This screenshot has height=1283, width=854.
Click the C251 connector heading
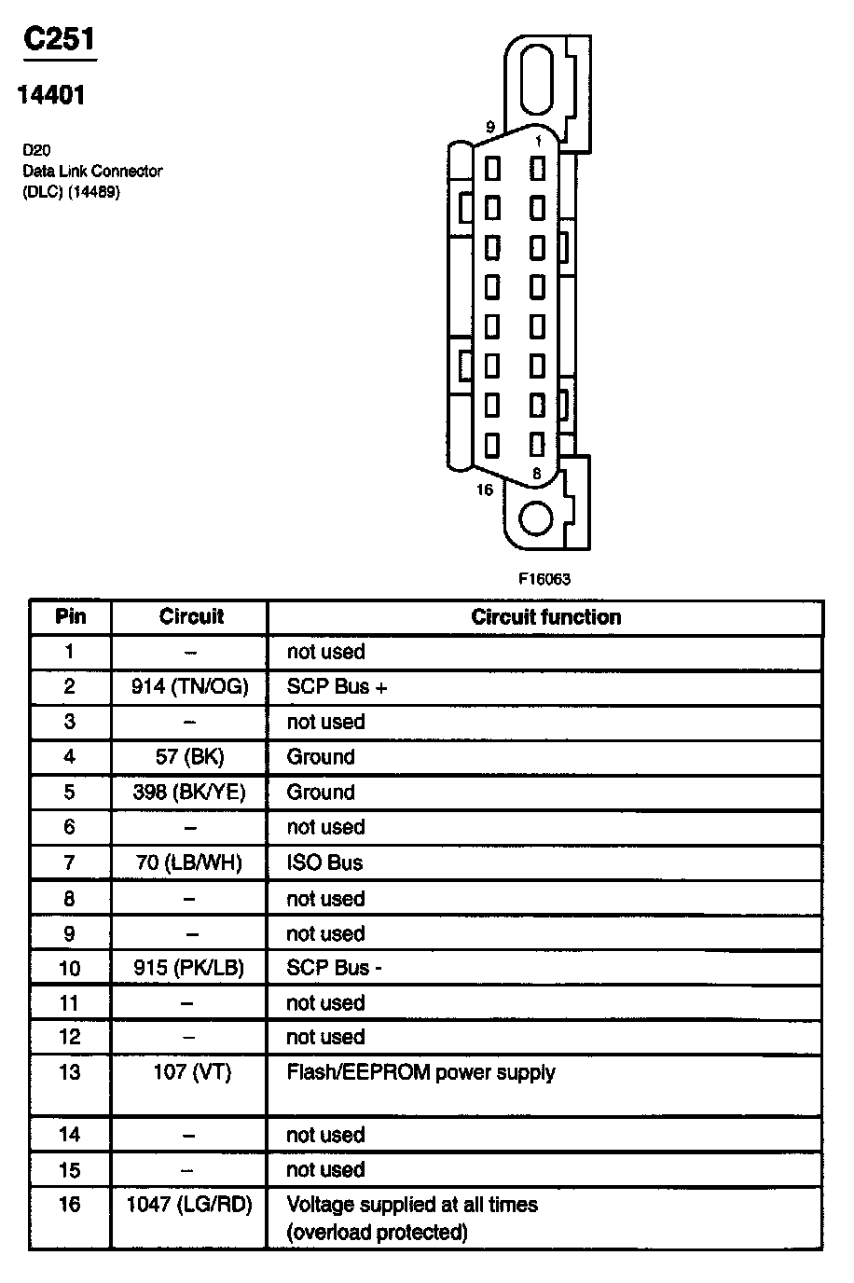tap(59, 40)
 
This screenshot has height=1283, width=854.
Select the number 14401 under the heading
tap(51, 95)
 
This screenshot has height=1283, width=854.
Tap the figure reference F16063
tap(544, 578)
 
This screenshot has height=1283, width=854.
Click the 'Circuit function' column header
tap(545, 617)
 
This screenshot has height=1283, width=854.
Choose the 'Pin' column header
tap(71, 617)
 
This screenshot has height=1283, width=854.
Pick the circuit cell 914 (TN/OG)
tap(190, 687)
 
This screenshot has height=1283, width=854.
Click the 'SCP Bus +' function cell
tap(337, 687)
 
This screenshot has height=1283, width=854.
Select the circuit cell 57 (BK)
tap(190, 756)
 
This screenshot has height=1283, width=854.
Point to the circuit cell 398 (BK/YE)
tap(190, 793)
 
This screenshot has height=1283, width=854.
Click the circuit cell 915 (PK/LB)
tap(190, 968)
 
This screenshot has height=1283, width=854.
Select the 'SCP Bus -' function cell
tap(334, 968)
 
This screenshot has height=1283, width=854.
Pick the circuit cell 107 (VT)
tap(190, 1072)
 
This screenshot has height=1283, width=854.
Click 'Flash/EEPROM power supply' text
tap(420, 1072)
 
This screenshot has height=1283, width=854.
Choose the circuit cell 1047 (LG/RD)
tap(190, 1205)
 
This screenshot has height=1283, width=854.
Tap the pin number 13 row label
tap(70, 1072)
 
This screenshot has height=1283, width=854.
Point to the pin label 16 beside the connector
tap(484, 490)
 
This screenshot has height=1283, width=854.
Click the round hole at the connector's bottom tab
tap(535, 518)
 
